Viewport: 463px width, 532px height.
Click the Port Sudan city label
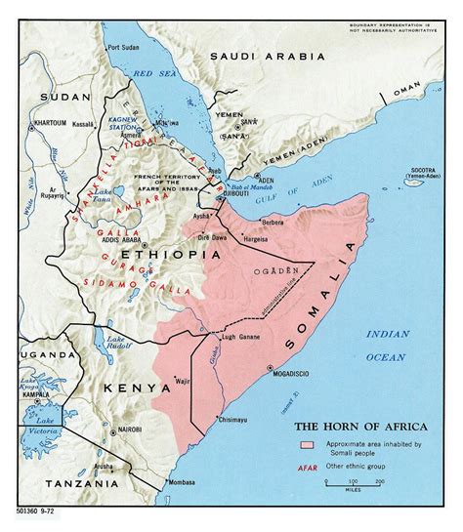124,47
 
